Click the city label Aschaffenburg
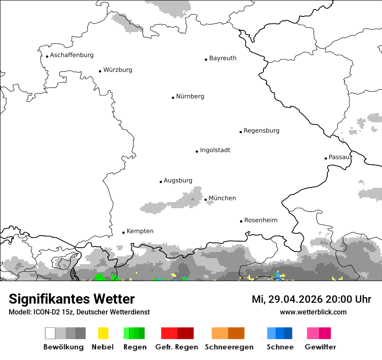coord(72,55)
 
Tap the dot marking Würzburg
coord(100,71)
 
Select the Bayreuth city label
coord(223,58)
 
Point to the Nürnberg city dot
coord(173,98)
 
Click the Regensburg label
coord(261,131)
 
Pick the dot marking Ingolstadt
coord(197,152)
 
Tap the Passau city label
coord(339,157)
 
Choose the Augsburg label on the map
coord(178,180)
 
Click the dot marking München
coord(205,200)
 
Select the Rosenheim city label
coord(261,220)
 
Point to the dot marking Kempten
coord(123,232)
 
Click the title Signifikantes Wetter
coord(72,299)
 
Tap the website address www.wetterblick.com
coord(313,312)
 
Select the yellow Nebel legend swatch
coord(103,333)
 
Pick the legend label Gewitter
coord(320,347)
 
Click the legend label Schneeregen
coord(229,347)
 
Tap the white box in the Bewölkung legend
coord(50,333)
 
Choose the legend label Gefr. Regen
coord(177,347)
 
